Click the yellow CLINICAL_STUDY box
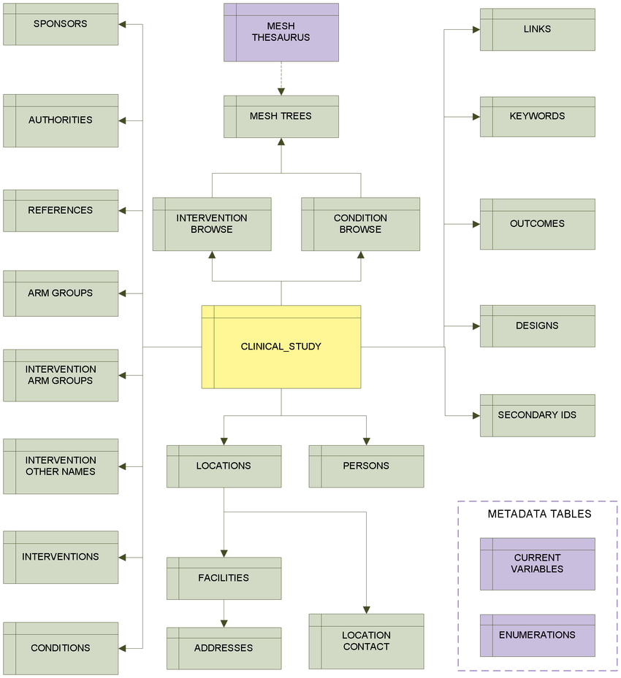pos(281,347)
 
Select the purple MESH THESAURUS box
pos(281,32)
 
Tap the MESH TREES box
pos(281,117)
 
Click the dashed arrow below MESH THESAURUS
pos(281,78)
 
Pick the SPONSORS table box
pos(61,24)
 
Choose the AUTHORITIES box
pos(61,120)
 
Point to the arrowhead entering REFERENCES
pos(122,211)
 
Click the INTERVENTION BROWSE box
pos(212,224)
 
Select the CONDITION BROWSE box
pos(360,224)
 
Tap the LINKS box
pos(538,29)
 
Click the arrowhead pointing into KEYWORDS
pos(476,117)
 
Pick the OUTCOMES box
pos(538,224)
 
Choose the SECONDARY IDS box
pos(538,415)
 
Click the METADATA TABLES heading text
pos(539,514)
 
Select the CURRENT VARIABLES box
pos(538,564)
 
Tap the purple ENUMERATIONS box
pos(538,636)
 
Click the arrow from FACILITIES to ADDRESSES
pos(224,614)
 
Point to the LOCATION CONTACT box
pos(367,642)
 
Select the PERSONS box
pos(367,466)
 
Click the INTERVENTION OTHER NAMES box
pos(61,466)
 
